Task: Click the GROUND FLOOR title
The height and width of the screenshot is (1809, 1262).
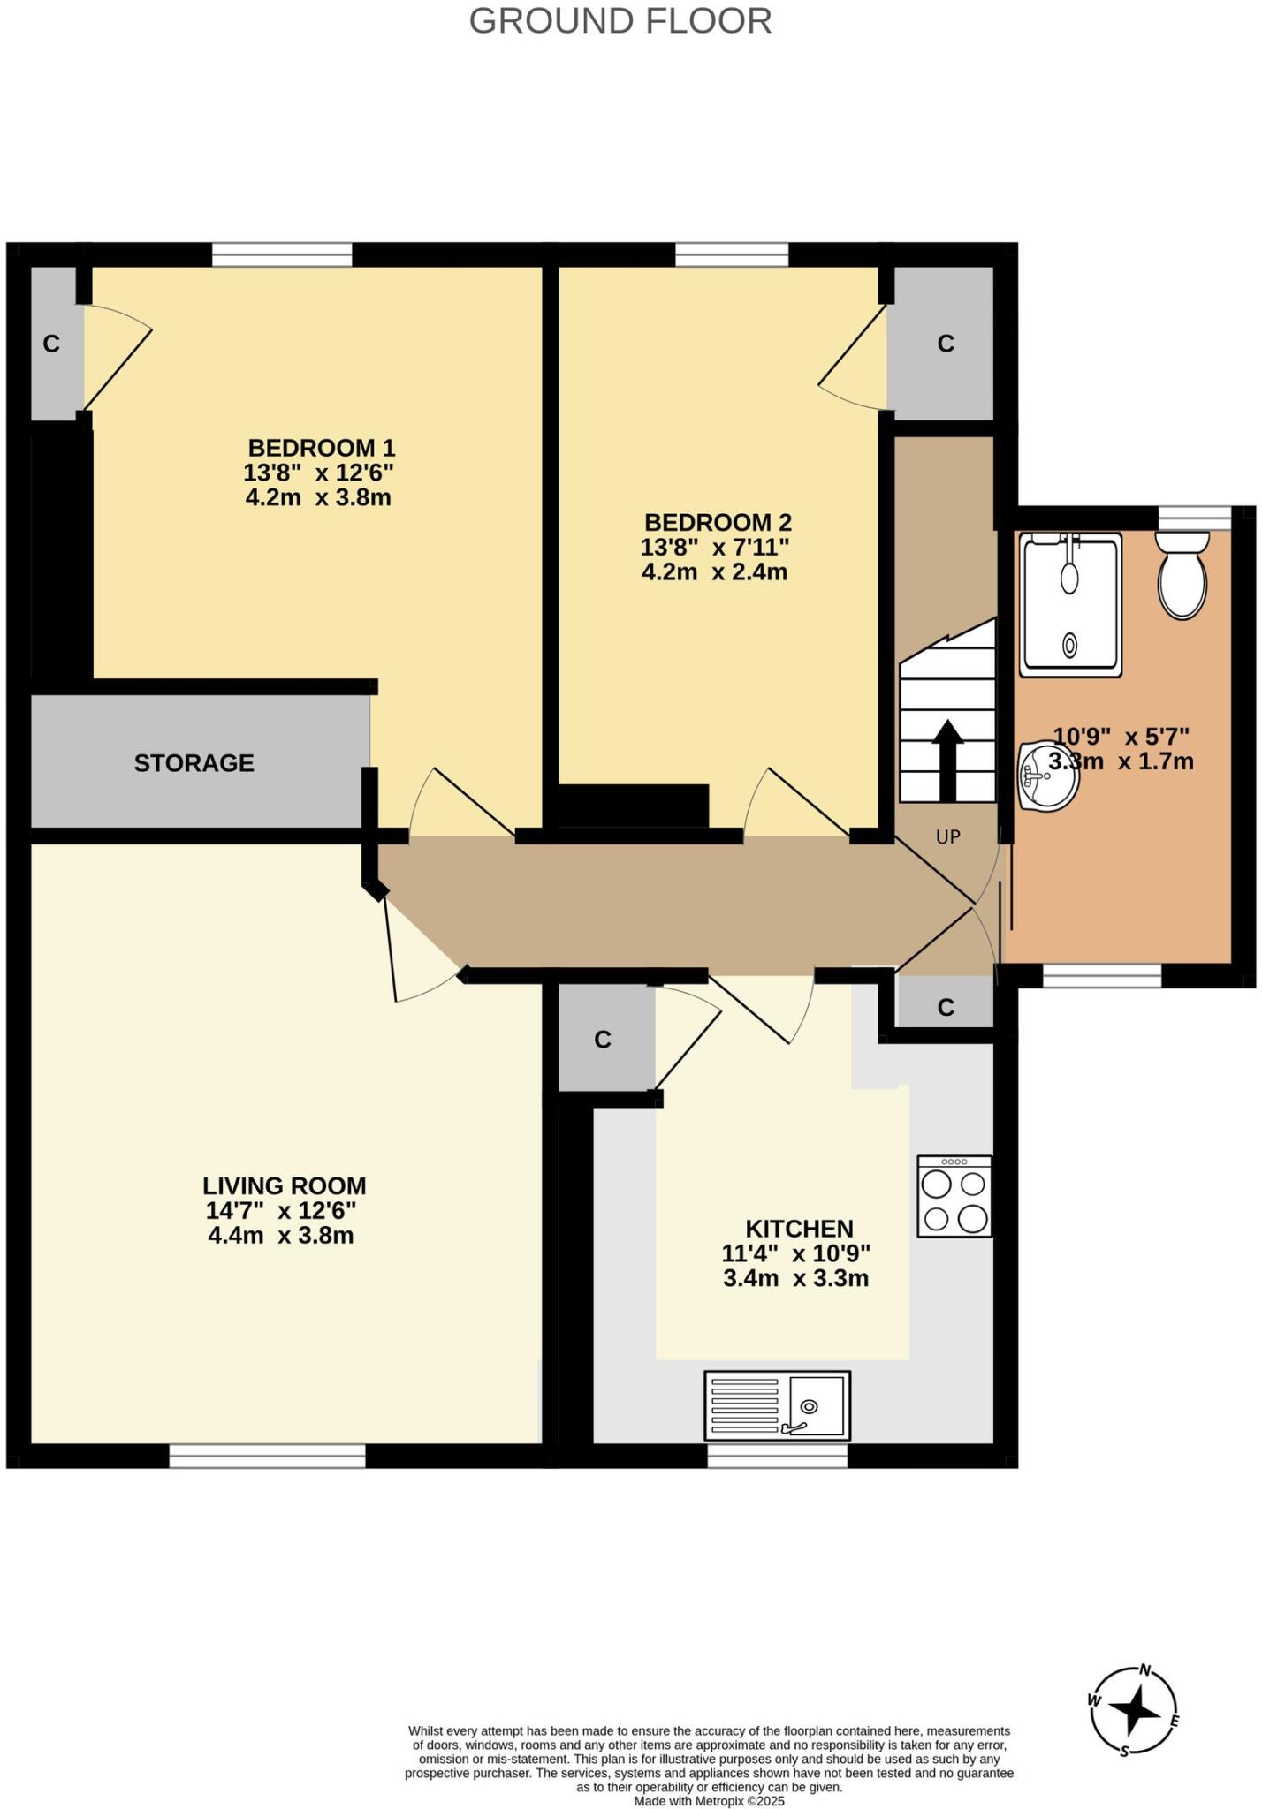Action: [x=620, y=21]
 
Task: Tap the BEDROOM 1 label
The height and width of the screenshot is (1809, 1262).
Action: [x=321, y=447]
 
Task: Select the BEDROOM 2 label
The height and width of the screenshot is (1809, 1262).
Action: [x=717, y=522]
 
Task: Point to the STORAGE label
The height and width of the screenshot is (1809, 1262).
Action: [x=194, y=763]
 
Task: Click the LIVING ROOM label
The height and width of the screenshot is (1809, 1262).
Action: [x=284, y=1185]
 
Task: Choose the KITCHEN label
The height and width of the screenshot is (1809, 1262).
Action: [x=799, y=1229]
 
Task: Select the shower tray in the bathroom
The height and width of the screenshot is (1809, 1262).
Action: [x=1070, y=604]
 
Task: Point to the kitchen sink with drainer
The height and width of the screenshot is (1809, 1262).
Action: [x=777, y=1405]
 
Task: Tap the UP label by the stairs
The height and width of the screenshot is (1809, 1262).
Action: [x=948, y=836]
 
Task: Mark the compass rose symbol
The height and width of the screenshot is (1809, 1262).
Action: [x=1134, y=1711]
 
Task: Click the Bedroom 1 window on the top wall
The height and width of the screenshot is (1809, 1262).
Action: [x=282, y=255]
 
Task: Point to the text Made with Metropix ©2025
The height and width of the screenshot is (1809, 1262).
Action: [x=709, y=1801]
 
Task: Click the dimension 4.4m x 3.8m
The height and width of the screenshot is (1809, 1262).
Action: [x=280, y=1235]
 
